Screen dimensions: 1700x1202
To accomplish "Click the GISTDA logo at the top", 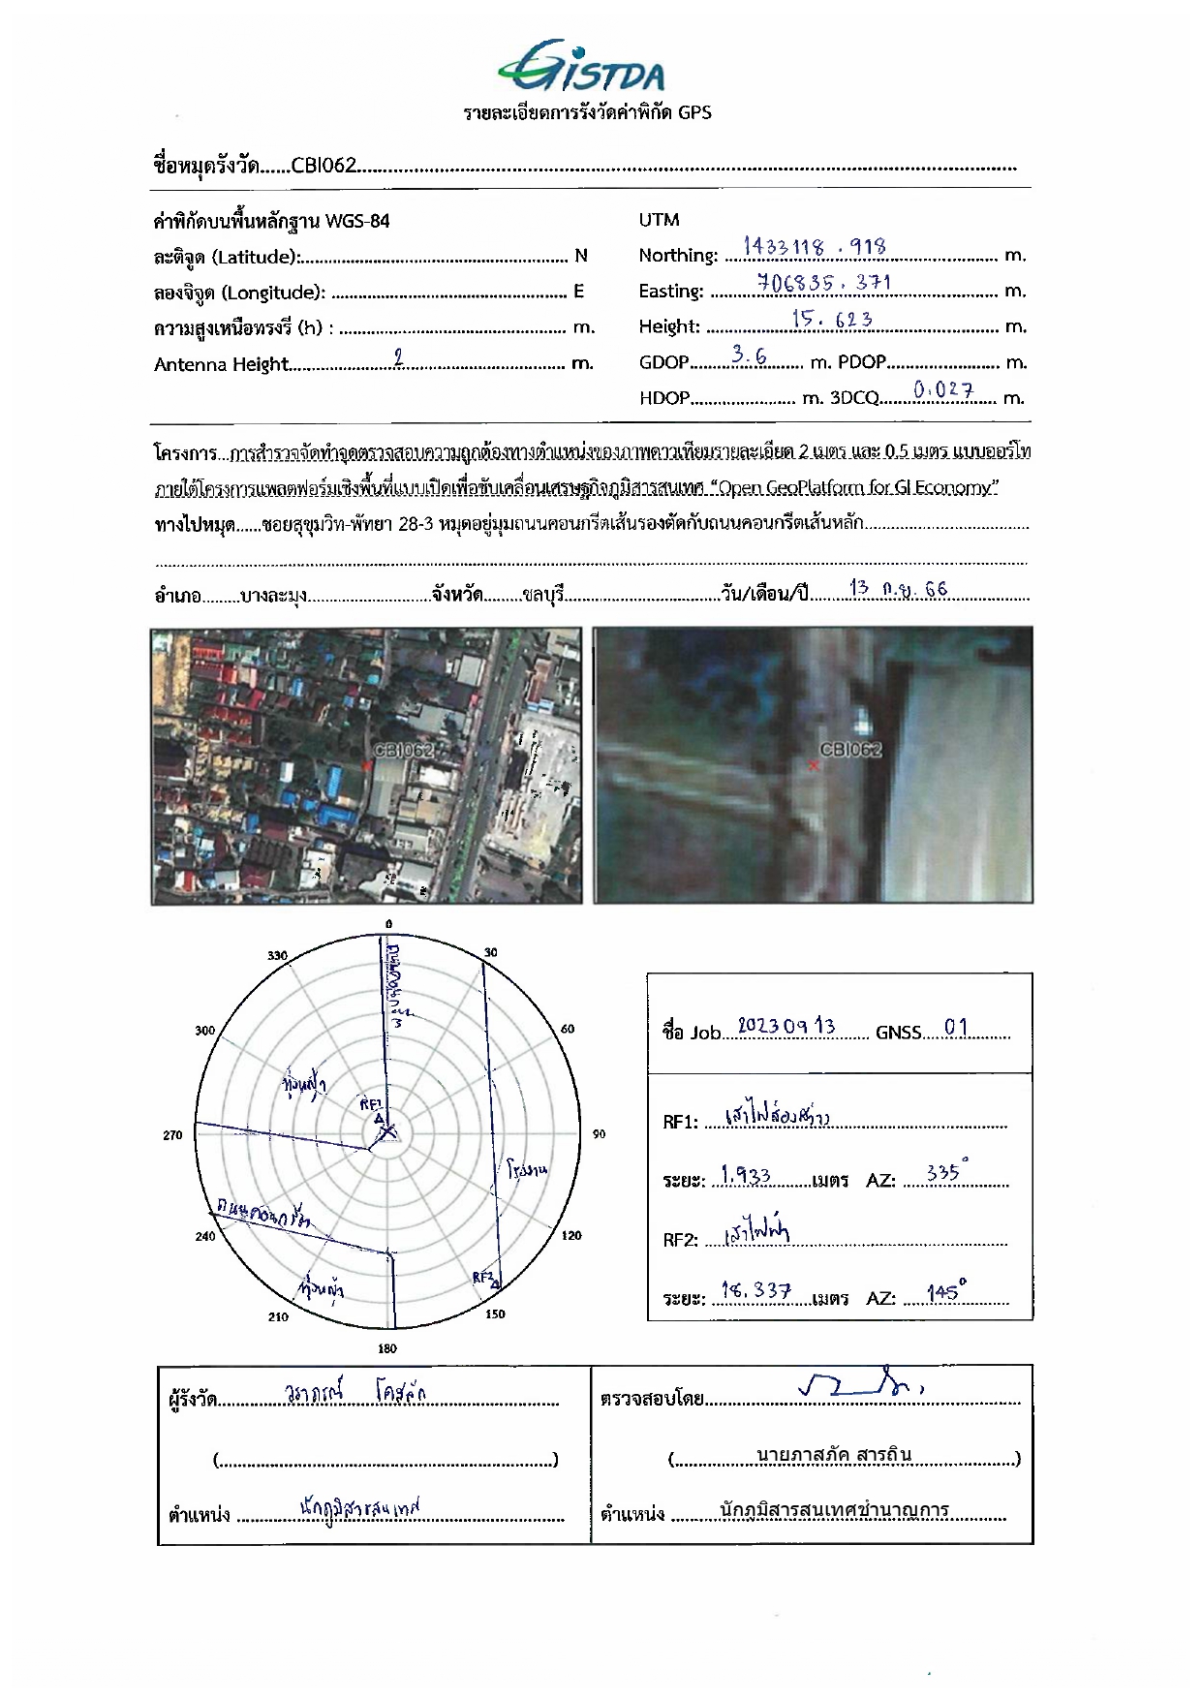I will point(581,68).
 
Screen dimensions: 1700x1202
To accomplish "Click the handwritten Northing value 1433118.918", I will point(815,247).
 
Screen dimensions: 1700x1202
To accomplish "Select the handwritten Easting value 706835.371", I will point(823,283).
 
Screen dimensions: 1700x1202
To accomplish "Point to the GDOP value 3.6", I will point(749,355).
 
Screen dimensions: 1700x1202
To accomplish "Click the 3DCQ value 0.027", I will point(943,390).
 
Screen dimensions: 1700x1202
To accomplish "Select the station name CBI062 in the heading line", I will point(324,166).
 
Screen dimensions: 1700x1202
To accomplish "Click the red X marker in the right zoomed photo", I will point(814,765).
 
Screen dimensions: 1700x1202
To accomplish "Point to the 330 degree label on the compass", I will point(277,956).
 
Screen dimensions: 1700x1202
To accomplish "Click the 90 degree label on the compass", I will point(599,1134).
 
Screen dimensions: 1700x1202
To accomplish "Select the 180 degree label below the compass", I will point(387,1348).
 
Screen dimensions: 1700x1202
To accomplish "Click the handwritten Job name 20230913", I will point(786,1026).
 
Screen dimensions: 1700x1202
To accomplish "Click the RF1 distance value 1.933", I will point(746,1176).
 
